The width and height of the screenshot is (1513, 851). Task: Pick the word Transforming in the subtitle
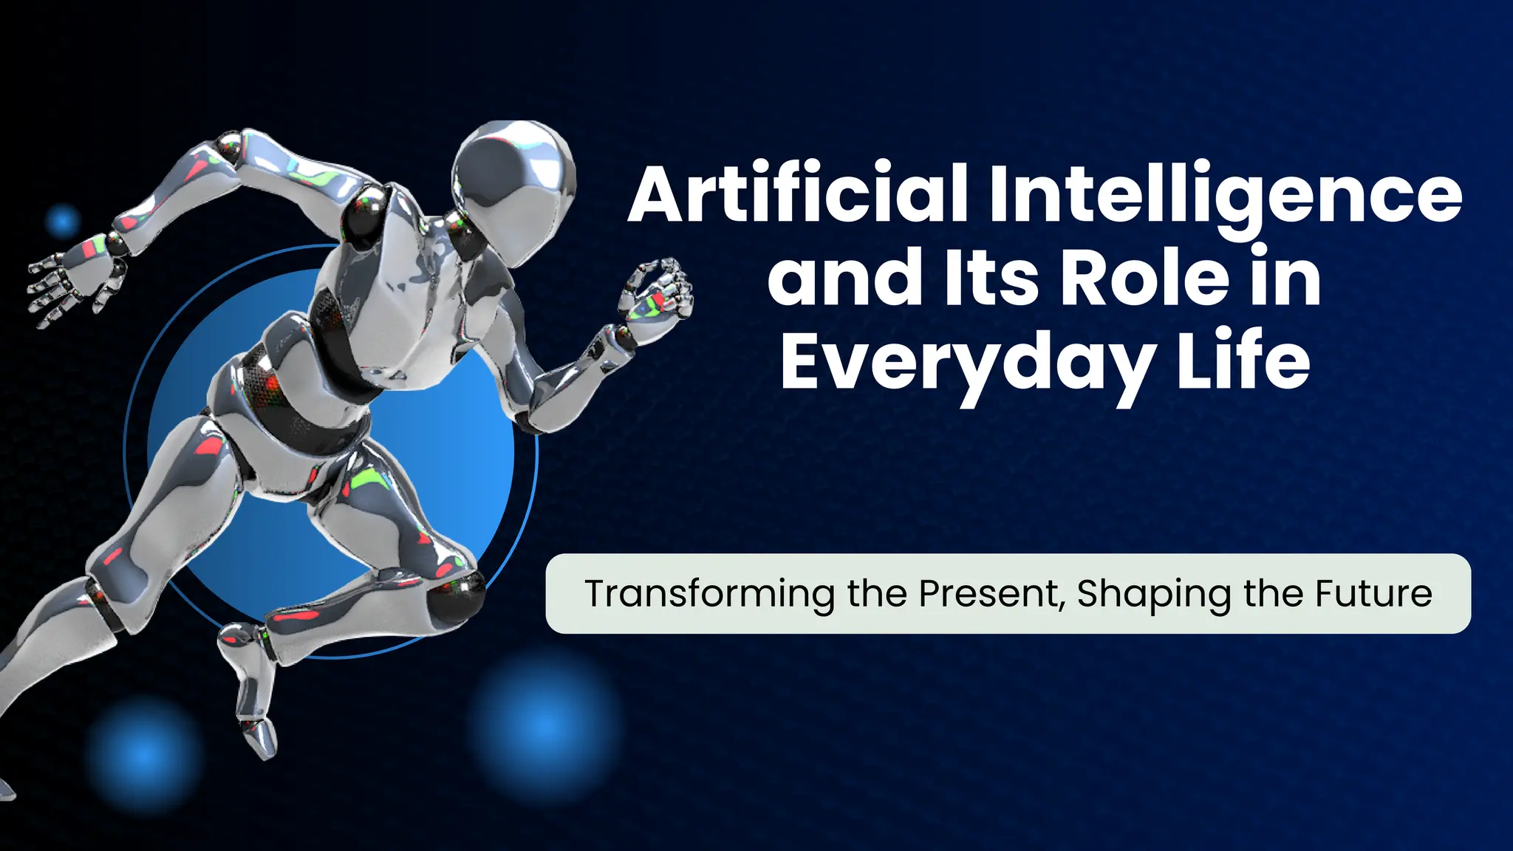click(709, 594)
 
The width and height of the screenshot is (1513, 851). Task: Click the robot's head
click(514, 185)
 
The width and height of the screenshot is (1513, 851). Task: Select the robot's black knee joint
click(455, 595)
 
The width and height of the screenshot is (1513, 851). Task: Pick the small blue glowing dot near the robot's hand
click(63, 220)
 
